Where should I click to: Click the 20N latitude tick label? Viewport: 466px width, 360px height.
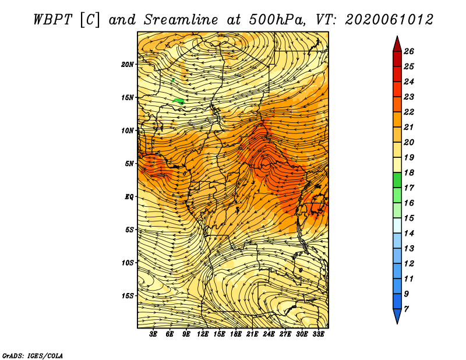128,64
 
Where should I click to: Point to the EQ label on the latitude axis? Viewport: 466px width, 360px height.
129,197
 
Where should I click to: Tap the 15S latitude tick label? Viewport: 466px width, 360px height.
128,296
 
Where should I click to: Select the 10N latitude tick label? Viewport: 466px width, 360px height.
128,130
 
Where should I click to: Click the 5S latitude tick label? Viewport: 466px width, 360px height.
129,230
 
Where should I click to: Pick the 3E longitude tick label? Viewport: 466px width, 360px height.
153,334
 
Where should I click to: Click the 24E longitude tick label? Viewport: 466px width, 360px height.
269,334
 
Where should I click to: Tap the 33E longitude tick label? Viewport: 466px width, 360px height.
318,334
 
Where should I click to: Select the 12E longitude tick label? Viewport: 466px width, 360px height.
203,334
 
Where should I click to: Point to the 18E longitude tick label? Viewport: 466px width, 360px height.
236,334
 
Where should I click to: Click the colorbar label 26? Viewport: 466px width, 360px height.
409,51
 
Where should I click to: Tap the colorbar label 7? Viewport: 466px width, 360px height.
406,309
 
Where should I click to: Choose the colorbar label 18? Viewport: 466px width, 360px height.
409,172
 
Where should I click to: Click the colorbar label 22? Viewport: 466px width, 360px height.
409,112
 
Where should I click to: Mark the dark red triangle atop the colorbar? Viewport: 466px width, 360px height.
397,45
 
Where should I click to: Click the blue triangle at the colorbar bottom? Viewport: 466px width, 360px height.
397,315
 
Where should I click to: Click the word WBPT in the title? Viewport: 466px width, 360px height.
53,20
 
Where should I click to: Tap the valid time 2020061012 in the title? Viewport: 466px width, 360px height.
389,20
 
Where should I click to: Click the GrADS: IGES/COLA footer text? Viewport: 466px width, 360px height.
33,356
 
